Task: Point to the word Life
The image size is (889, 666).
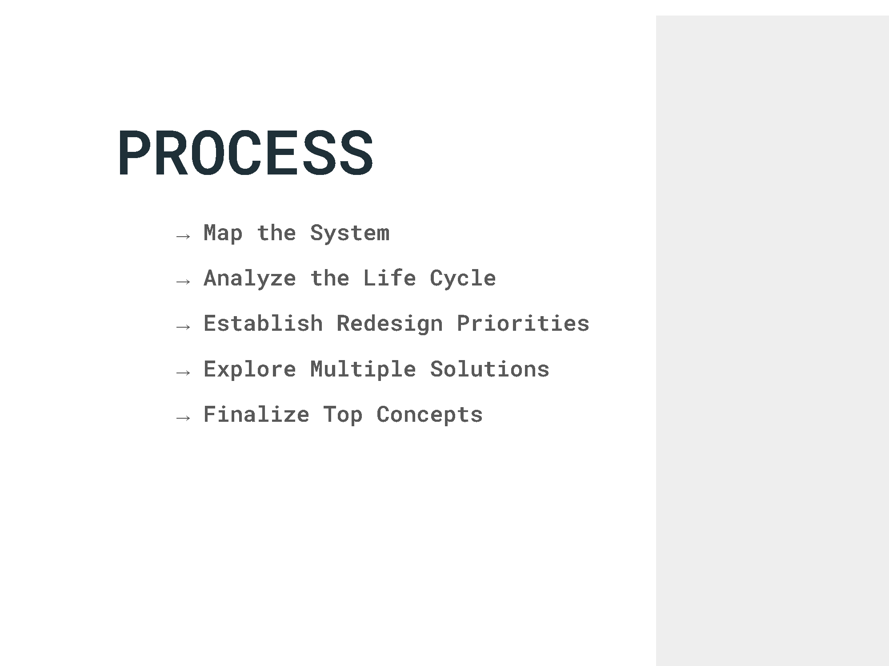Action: click(x=389, y=278)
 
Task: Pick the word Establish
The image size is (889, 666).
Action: click(x=263, y=324)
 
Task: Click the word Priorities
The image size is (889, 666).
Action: click(x=523, y=324)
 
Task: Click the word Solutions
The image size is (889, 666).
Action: click(x=489, y=369)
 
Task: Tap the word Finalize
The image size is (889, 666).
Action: click(x=256, y=415)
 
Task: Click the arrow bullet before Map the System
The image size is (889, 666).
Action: click(x=183, y=236)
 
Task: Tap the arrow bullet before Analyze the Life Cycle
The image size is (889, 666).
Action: click(x=183, y=281)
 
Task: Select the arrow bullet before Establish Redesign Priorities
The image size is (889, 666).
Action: click(x=183, y=327)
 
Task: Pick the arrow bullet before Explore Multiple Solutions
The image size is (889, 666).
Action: click(x=183, y=373)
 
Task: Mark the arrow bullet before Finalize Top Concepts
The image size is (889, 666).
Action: click(x=183, y=418)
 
